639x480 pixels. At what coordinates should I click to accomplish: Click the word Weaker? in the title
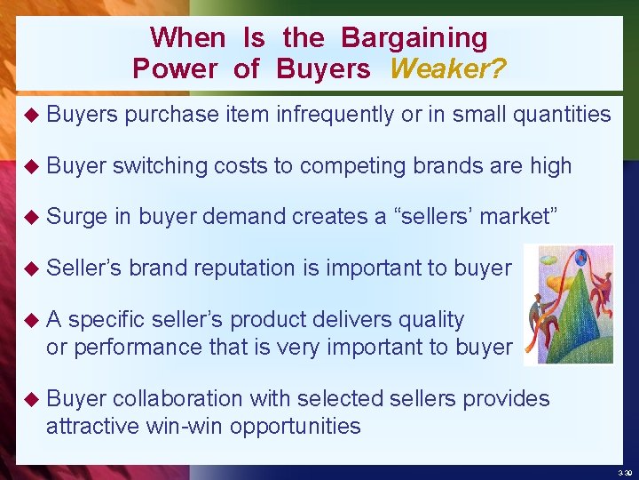pyautogui.click(x=448, y=68)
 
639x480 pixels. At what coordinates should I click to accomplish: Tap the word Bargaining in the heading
pyautogui.click(x=414, y=38)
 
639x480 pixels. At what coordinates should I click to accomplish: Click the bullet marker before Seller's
pyautogui.click(x=32, y=268)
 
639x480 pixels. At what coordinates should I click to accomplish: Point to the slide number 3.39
pyautogui.click(x=622, y=472)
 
